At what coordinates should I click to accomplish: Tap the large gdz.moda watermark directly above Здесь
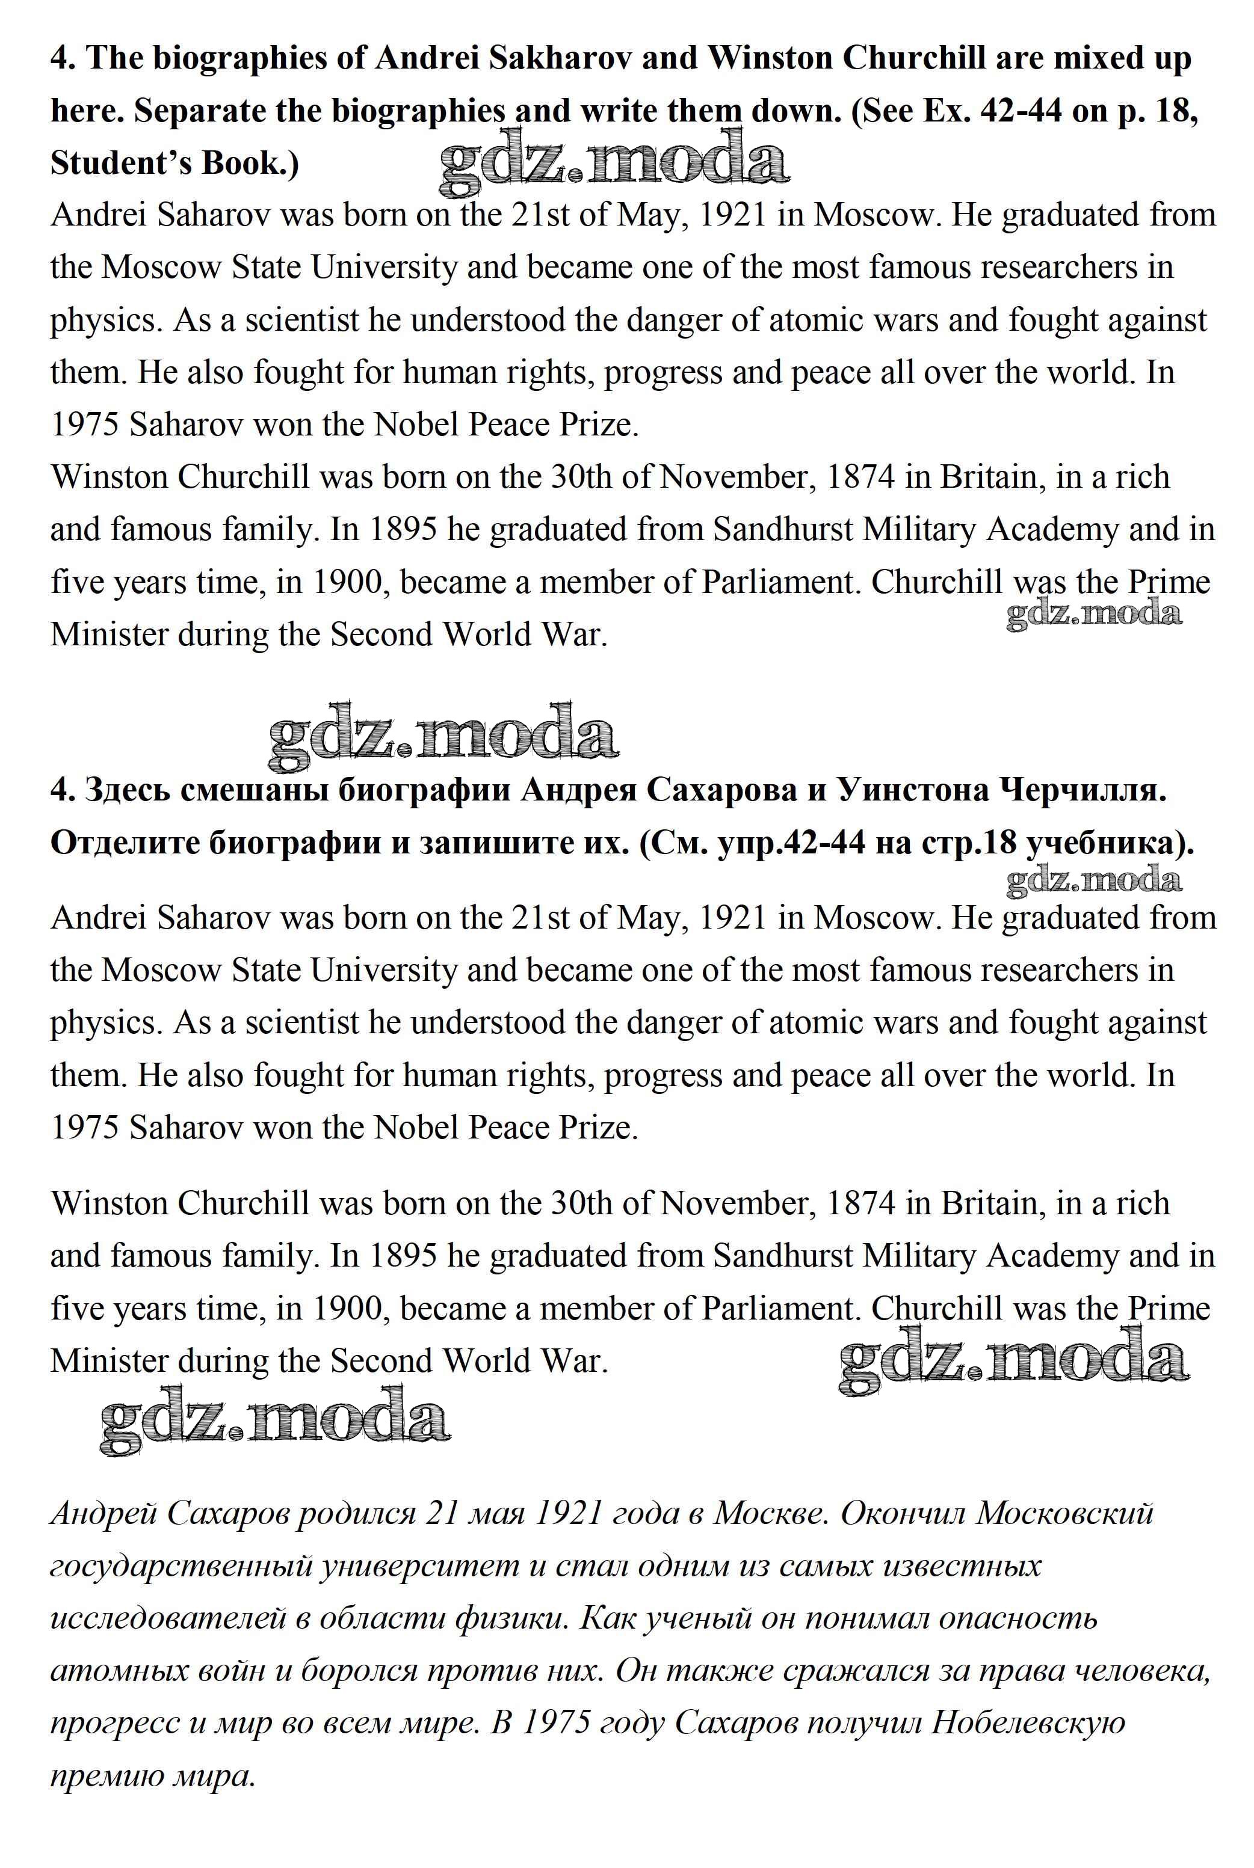442,729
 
